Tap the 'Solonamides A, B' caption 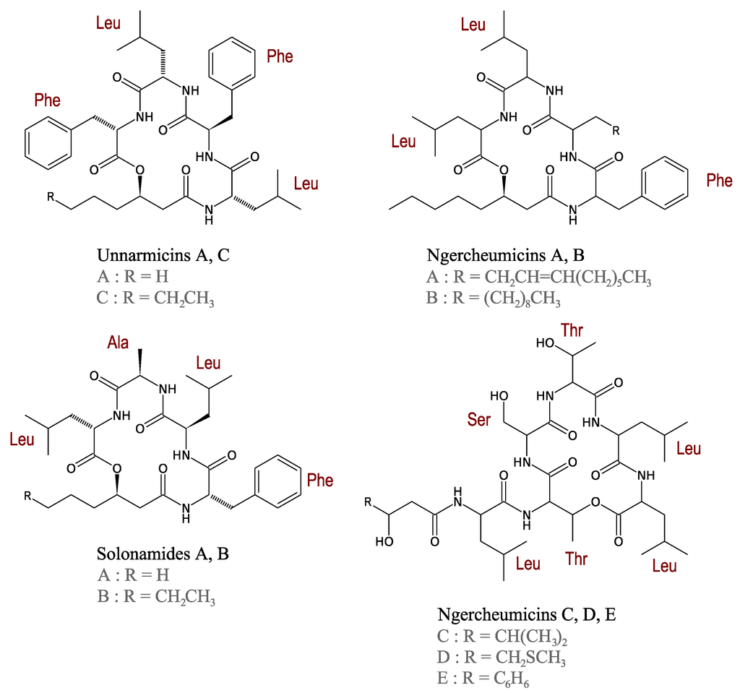[163, 554]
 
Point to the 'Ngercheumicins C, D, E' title [526, 615]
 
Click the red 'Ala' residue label [118, 341]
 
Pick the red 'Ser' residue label [479, 420]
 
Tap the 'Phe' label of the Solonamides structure [320, 480]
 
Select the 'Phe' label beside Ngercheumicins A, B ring [719, 181]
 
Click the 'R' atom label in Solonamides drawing [27, 496]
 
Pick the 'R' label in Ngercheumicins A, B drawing [615, 131]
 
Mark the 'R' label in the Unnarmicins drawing [50, 197]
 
